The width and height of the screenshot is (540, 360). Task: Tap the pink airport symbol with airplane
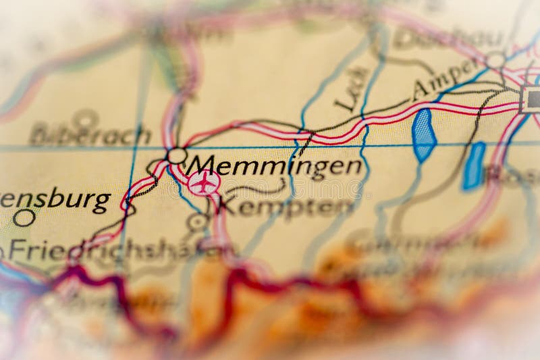point(204,182)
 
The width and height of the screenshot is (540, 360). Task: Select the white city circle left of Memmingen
point(177,156)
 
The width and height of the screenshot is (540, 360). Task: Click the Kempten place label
point(286,206)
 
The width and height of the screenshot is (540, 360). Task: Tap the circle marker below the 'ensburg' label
point(24,217)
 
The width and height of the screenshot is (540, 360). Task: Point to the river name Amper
point(446,78)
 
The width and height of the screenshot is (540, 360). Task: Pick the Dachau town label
point(448,38)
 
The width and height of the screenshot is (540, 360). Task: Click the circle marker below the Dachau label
point(496,60)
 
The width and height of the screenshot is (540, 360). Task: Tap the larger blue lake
point(424,135)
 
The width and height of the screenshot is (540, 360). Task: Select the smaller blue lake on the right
point(474,165)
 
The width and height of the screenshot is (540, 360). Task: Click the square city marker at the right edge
point(532,99)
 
